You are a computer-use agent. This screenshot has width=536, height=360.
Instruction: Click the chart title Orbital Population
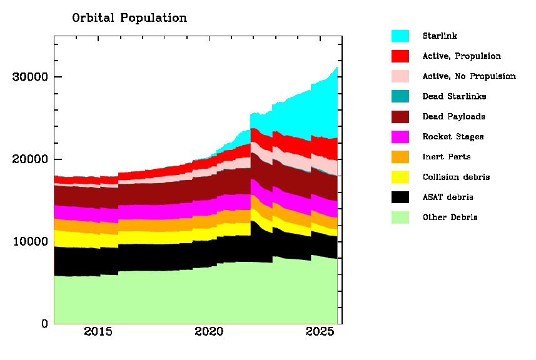129,18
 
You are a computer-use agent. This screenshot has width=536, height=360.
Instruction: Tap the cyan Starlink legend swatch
400,36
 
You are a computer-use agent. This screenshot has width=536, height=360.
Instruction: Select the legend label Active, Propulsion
462,56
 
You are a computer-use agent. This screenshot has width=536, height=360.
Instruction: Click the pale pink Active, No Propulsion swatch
400,76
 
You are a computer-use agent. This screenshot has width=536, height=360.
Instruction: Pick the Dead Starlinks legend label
454,96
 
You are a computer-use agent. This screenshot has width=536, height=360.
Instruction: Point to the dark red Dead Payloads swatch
400,117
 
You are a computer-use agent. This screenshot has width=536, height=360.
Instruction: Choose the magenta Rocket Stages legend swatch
400,137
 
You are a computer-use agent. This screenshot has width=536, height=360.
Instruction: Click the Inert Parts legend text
447,157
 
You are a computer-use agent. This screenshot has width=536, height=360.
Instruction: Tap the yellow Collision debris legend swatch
400,177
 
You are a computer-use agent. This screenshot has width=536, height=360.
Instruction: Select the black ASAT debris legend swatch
400,197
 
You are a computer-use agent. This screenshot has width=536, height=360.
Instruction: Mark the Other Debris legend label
450,217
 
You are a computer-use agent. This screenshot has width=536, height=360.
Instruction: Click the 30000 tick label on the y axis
30,77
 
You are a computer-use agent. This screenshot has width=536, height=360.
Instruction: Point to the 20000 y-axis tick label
30,159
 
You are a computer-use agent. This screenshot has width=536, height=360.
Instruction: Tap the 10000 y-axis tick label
30,242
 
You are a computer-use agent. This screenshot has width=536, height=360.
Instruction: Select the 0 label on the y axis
44,324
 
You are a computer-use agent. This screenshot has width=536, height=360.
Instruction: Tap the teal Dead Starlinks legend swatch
400,96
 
